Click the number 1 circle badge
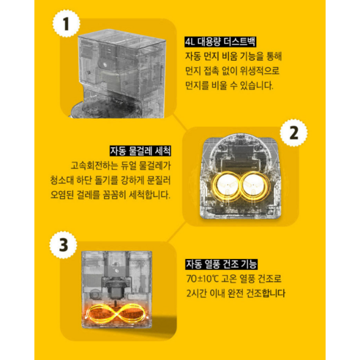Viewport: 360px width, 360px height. click(x=67, y=24)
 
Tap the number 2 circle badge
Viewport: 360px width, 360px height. click(x=293, y=135)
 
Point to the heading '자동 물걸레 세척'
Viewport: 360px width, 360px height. click(x=139, y=151)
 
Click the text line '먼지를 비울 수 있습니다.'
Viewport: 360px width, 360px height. click(x=229, y=85)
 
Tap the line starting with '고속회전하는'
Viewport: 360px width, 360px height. click(x=120, y=166)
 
